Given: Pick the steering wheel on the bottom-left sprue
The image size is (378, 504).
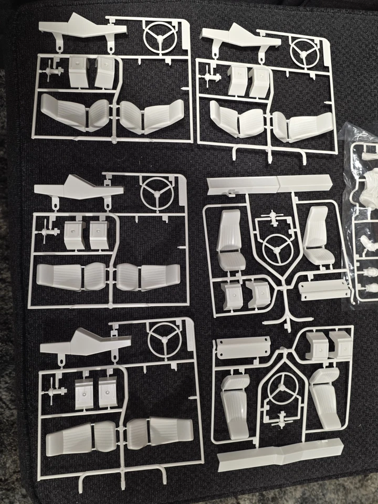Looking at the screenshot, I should tap(164, 339).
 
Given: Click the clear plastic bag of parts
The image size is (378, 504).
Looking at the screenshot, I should tap(364, 210).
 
